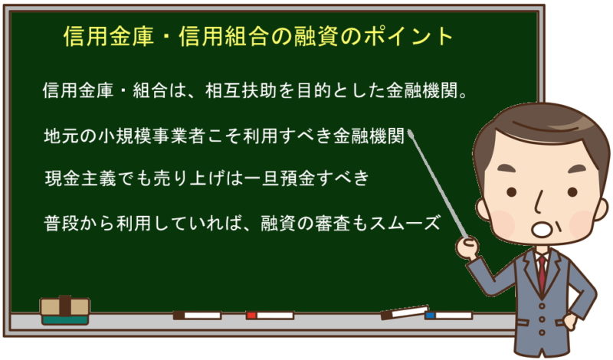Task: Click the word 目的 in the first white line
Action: [x=314, y=90]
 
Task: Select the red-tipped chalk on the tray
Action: [x=270, y=315]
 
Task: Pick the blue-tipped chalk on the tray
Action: [x=448, y=315]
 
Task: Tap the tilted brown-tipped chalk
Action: [x=405, y=312]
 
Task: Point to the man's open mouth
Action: [x=542, y=230]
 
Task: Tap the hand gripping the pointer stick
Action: [x=467, y=247]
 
